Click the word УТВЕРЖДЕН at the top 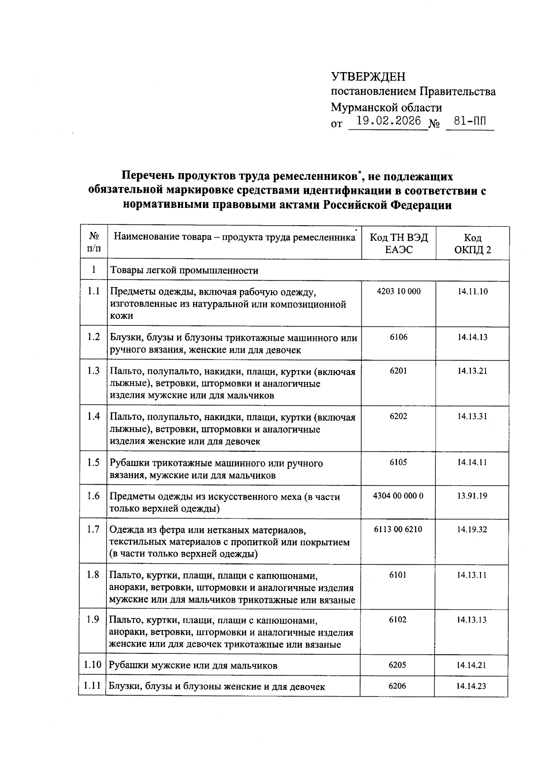368,77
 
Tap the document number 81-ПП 470,121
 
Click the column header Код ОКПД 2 472,243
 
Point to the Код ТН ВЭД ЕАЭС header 399,243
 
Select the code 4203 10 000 398,292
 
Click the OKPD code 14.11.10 472,292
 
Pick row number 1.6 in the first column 93,496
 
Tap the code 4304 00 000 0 398,495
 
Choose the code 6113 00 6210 398,529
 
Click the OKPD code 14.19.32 472,529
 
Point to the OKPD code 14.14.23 471,686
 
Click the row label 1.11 92,686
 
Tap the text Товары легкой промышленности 184,270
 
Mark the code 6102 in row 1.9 397,620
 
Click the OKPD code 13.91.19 472,495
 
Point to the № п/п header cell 93,243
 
